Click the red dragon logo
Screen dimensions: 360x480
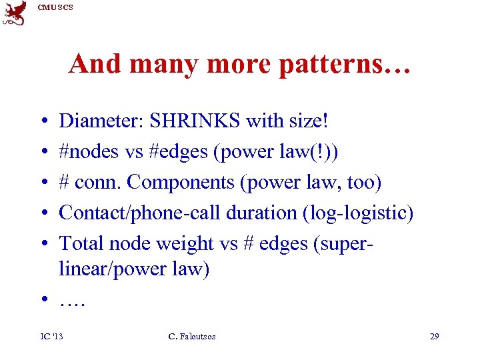tap(15, 13)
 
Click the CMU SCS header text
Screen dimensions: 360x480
tap(55, 7)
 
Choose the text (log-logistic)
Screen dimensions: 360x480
tap(359, 213)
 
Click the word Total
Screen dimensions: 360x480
tap(82, 243)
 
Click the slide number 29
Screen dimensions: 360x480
tap(434, 337)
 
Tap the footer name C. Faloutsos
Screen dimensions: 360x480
tap(192, 337)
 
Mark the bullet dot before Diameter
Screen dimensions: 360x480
tap(43, 123)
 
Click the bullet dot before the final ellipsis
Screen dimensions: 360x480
tap(43, 301)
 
